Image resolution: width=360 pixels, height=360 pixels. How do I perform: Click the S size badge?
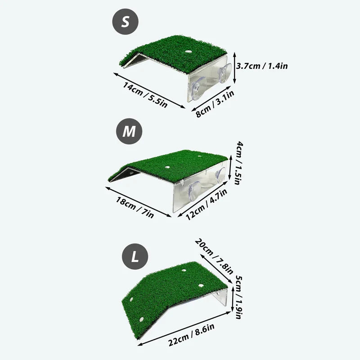(126, 22)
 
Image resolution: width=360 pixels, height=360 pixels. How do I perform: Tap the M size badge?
(129, 131)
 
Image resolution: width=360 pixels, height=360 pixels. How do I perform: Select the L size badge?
(135, 257)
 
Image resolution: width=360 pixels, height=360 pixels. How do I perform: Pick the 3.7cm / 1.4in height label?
(263, 66)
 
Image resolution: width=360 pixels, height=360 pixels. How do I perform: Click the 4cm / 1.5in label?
(240, 166)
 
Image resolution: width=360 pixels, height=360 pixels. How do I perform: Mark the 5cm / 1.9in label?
(239, 297)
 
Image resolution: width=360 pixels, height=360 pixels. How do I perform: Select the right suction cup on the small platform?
(224, 73)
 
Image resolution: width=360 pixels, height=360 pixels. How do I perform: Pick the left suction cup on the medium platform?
(193, 192)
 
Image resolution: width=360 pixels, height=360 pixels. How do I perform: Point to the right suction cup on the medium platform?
(220, 174)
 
